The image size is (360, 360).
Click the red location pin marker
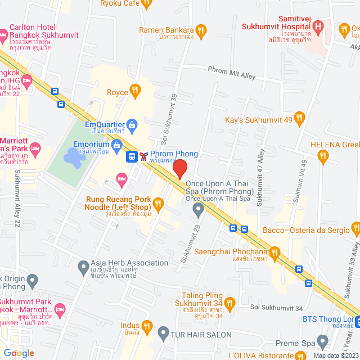(179, 169)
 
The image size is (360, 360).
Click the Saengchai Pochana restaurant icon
(274, 251)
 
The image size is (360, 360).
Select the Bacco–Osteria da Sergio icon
(355, 229)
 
